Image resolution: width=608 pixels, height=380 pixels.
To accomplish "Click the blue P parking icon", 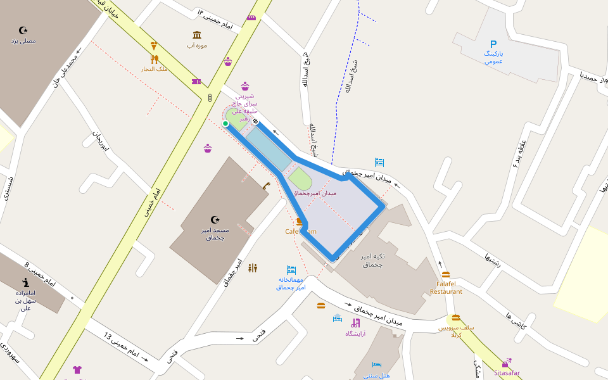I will click(x=493, y=44).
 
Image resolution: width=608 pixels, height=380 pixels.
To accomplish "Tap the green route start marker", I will click(x=225, y=123).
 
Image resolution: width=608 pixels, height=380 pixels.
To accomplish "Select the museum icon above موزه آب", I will click(x=197, y=34).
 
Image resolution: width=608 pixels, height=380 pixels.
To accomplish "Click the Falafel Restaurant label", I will click(x=446, y=288).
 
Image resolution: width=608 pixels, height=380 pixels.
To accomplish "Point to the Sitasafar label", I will click(x=507, y=373).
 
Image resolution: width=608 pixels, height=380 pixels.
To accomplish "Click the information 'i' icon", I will click(x=25, y=282).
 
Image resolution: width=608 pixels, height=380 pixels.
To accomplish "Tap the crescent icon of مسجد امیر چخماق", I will click(x=215, y=220).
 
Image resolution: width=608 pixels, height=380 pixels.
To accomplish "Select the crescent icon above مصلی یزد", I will click(x=23, y=30).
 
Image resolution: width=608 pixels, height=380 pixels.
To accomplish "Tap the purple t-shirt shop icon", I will click(x=77, y=369).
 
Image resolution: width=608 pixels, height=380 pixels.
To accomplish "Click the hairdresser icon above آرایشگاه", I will click(x=355, y=323).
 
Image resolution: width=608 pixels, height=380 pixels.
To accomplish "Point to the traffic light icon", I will click(x=210, y=98).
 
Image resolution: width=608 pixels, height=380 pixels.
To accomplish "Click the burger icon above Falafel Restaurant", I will click(x=446, y=274).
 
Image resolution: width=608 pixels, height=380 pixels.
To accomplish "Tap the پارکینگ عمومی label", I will click(x=493, y=58).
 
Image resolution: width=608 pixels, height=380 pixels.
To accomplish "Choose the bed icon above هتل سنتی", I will click(x=377, y=365).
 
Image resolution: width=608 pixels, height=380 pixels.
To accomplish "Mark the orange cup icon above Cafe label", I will click(x=299, y=221).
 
